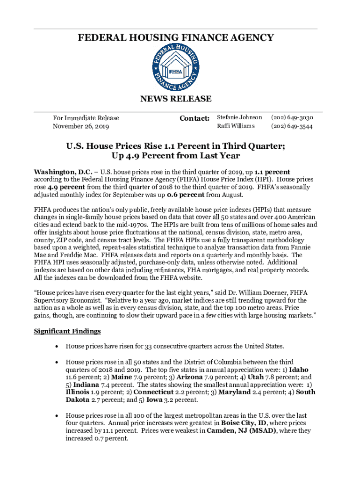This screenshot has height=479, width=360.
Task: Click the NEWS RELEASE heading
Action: (x=176, y=99)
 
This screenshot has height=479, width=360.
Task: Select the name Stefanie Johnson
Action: (x=239, y=118)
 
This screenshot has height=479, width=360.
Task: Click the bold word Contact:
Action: (x=194, y=118)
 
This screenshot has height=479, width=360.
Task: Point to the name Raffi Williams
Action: (x=236, y=126)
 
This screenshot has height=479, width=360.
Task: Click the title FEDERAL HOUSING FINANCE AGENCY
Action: (x=176, y=37)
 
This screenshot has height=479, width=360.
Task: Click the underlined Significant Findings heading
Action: (x=67, y=331)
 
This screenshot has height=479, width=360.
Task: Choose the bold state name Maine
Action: (x=121, y=377)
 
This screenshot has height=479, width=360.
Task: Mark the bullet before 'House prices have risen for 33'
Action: (x=57, y=347)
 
